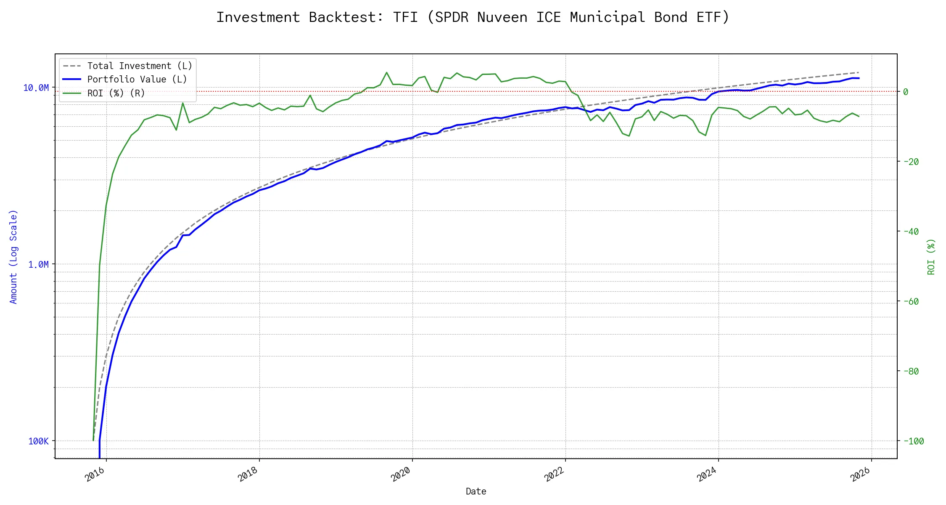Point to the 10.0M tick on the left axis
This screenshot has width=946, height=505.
click(36, 88)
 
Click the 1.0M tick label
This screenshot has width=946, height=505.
click(38, 264)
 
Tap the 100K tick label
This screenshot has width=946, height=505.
click(38, 441)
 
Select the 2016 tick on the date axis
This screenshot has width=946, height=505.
click(95, 475)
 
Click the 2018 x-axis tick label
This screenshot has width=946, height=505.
click(248, 475)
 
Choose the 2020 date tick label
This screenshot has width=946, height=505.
click(401, 475)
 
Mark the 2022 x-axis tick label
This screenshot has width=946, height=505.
click(554, 475)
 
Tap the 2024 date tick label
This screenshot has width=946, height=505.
click(707, 475)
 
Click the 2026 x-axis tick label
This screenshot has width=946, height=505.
click(860, 475)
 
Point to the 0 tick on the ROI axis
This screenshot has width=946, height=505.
click(906, 92)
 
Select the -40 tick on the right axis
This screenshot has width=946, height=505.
click(911, 231)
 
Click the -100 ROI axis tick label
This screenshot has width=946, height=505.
click(913, 441)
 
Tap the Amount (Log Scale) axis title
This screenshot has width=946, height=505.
click(13, 257)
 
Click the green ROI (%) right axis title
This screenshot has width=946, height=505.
click(931, 257)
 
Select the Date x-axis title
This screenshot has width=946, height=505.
click(476, 492)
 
